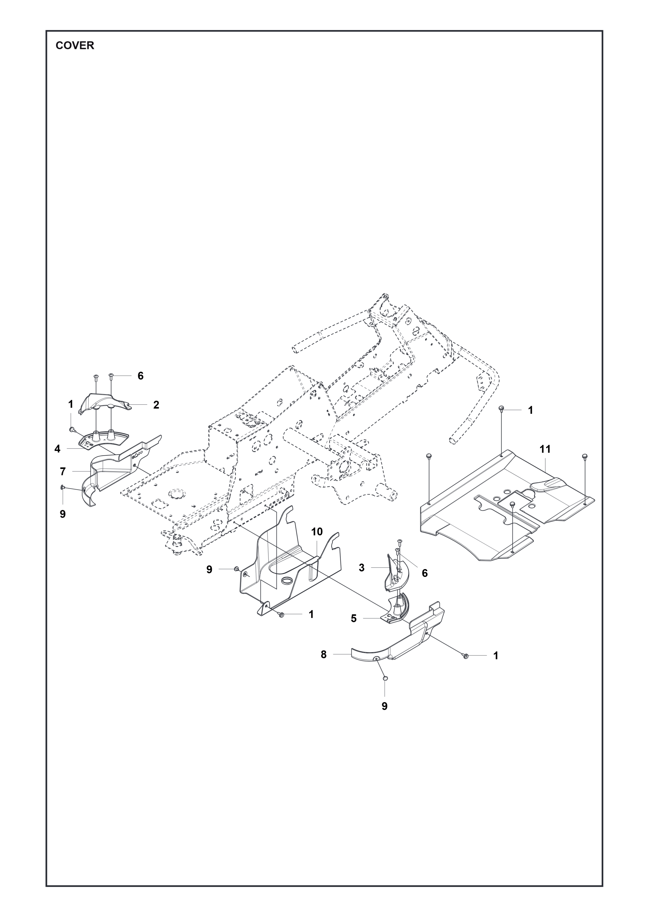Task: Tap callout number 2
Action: [156, 405]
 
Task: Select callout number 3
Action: [362, 568]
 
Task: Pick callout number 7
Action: [63, 472]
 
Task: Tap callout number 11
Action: [545, 449]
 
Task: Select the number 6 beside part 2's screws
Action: [140, 376]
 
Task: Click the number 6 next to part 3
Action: [425, 573]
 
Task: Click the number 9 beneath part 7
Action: [63, 514]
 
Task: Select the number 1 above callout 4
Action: [71, 404]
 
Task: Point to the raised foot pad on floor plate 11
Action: [548, 485]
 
